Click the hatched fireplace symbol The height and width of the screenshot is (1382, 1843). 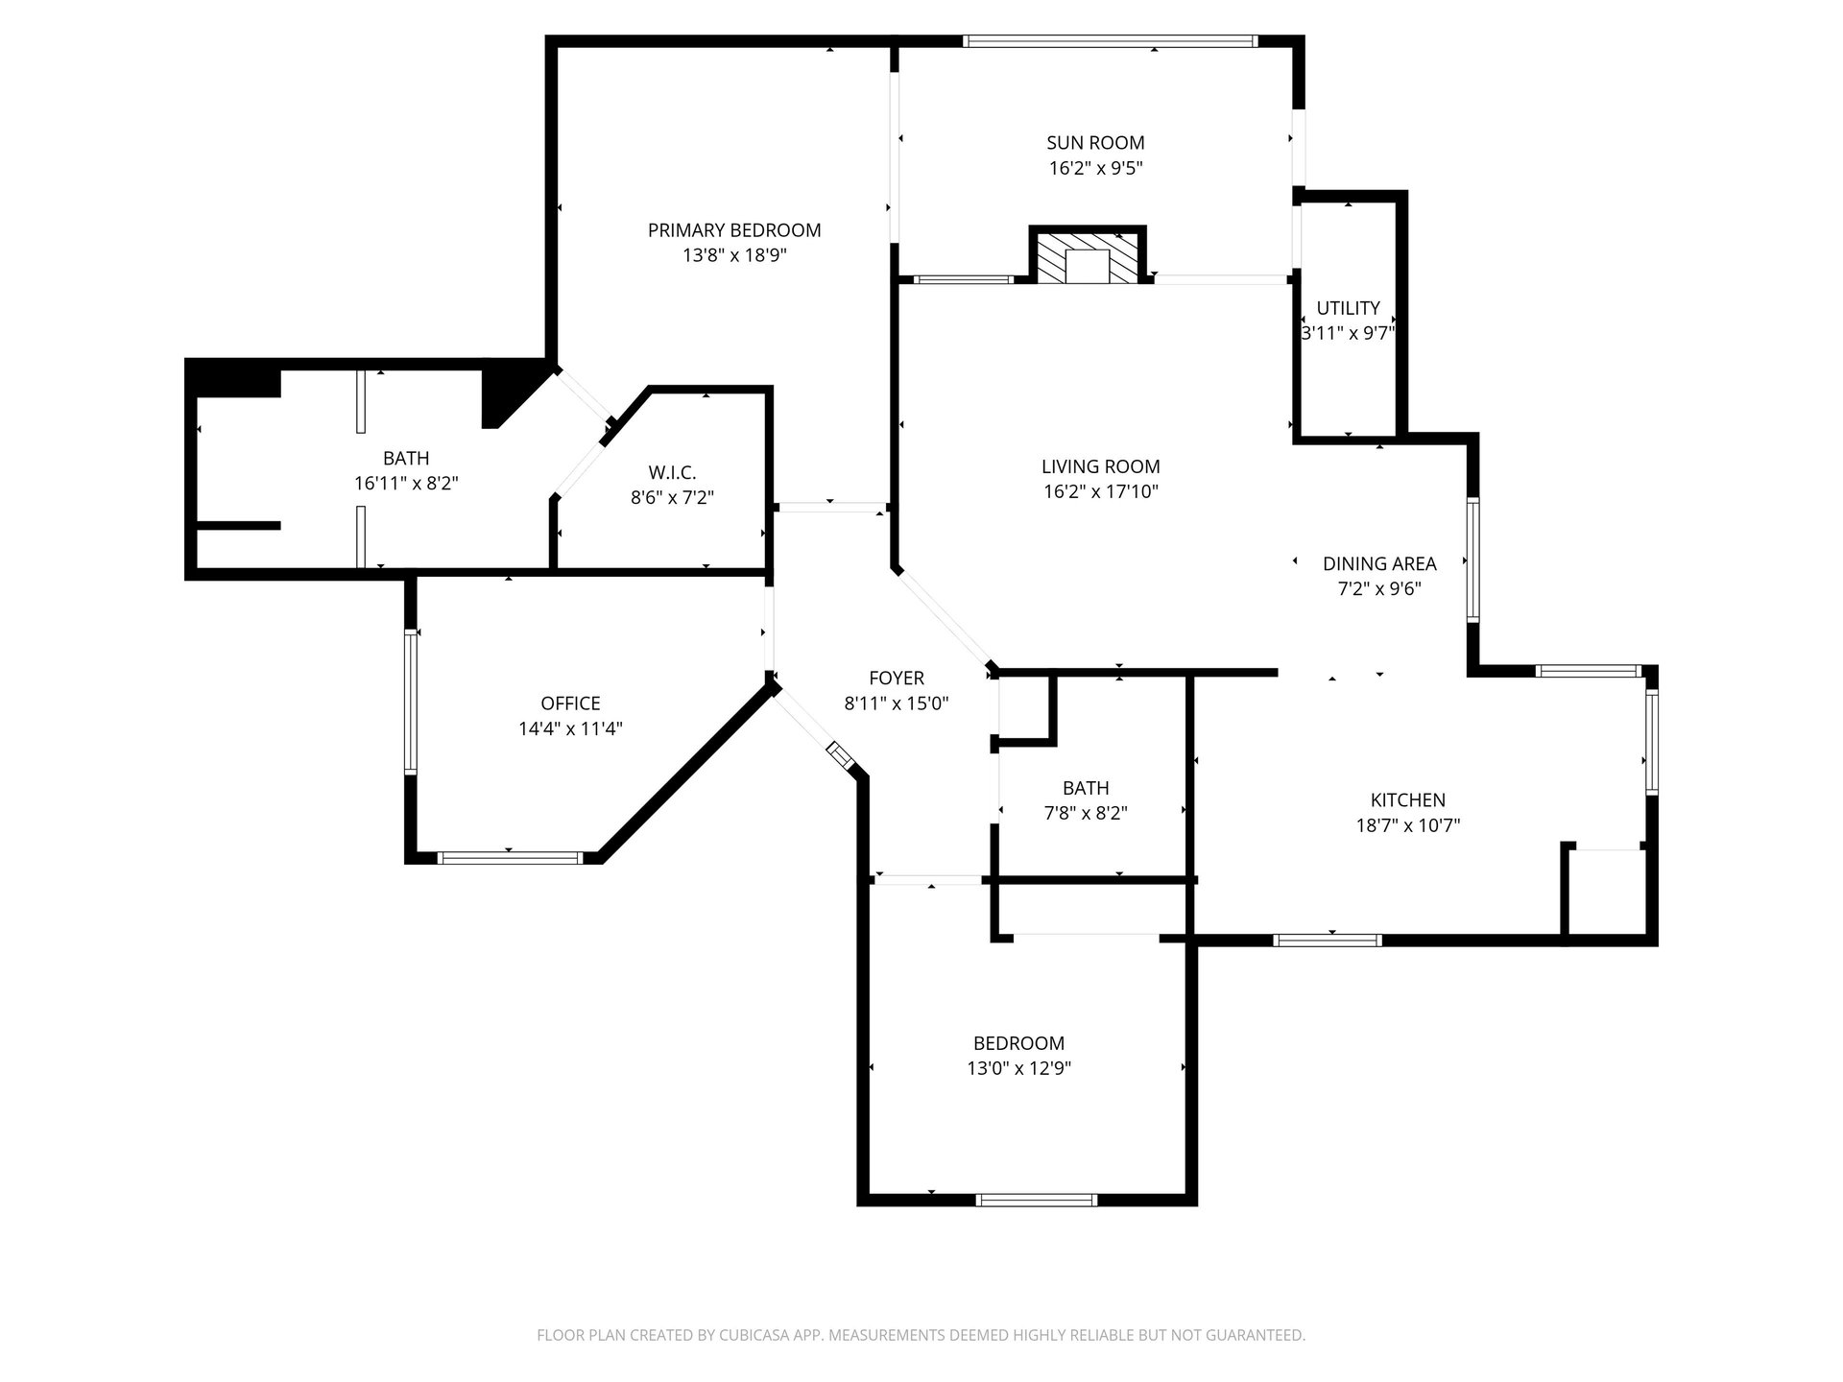pyautogui.click(x=1088, y=255)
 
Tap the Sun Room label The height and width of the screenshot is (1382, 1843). pyautogui.click(x=1095, y=143)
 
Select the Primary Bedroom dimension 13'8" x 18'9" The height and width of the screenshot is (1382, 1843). pyautogui.click(x=734, y=255)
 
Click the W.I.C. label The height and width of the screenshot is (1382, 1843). pyautogui.click(x=672, y=472)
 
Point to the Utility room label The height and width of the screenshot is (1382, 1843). pyautogui.click(x=1348, y=308)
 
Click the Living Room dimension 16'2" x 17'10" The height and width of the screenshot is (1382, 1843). pyautogui.click(x=1100, y=491)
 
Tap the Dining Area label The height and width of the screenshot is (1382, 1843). pyautogui.click(x=1379, y=563)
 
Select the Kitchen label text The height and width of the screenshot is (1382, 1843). pyautogui.click(x=1407, y=799)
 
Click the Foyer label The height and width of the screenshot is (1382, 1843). pyautogui.click(x=897, y=678)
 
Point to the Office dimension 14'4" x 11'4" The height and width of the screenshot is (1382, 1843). pyautogui.click(x=570, y=728)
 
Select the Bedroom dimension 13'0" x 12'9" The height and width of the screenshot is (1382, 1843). pyautogui.click(x=1018, y=1068)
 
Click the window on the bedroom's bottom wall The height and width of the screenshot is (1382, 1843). pyautogui.click(x=1037, y=1200)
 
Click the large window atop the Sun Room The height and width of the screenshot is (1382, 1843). pyautogui.click(x=1110, y=41)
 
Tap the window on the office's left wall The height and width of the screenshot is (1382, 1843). pyautogui.click(x=411, y=701)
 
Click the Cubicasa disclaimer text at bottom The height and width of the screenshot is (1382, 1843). pyautogui.click(x=921, y=1335)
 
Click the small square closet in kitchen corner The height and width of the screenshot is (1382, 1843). pyautogui.click(x=1606, y=891)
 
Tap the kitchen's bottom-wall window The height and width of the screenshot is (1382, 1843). pyautogui.click(x=1328, y=940)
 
